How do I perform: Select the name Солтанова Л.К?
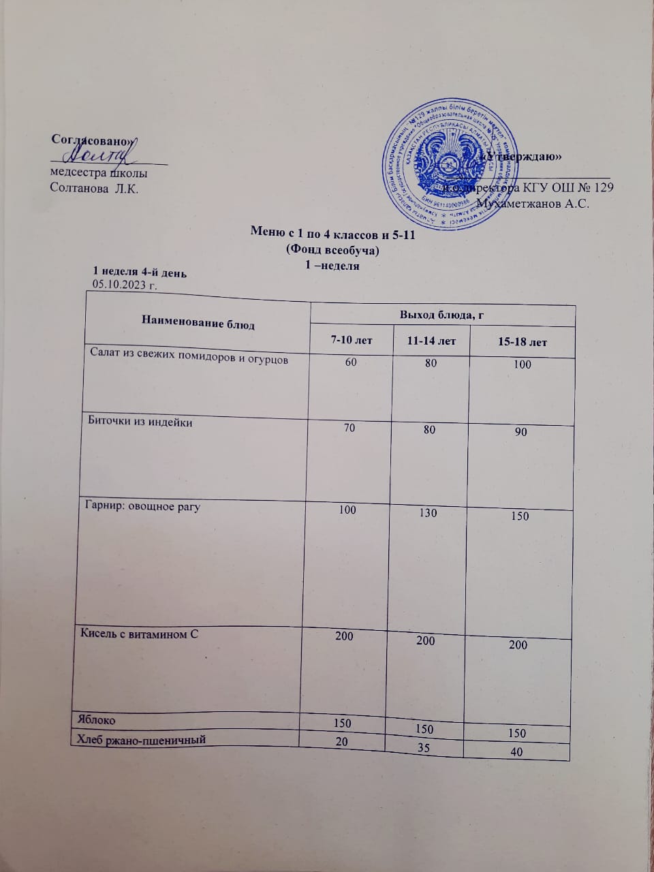point(94,189)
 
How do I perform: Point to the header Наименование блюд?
point(198,324)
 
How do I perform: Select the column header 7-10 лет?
point(352,340)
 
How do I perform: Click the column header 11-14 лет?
point(431,341)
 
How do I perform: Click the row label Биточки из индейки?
point(140,422)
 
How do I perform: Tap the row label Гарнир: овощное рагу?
point(142,507)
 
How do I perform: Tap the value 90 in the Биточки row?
point(520,432)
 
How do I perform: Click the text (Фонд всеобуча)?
point(333,250)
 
